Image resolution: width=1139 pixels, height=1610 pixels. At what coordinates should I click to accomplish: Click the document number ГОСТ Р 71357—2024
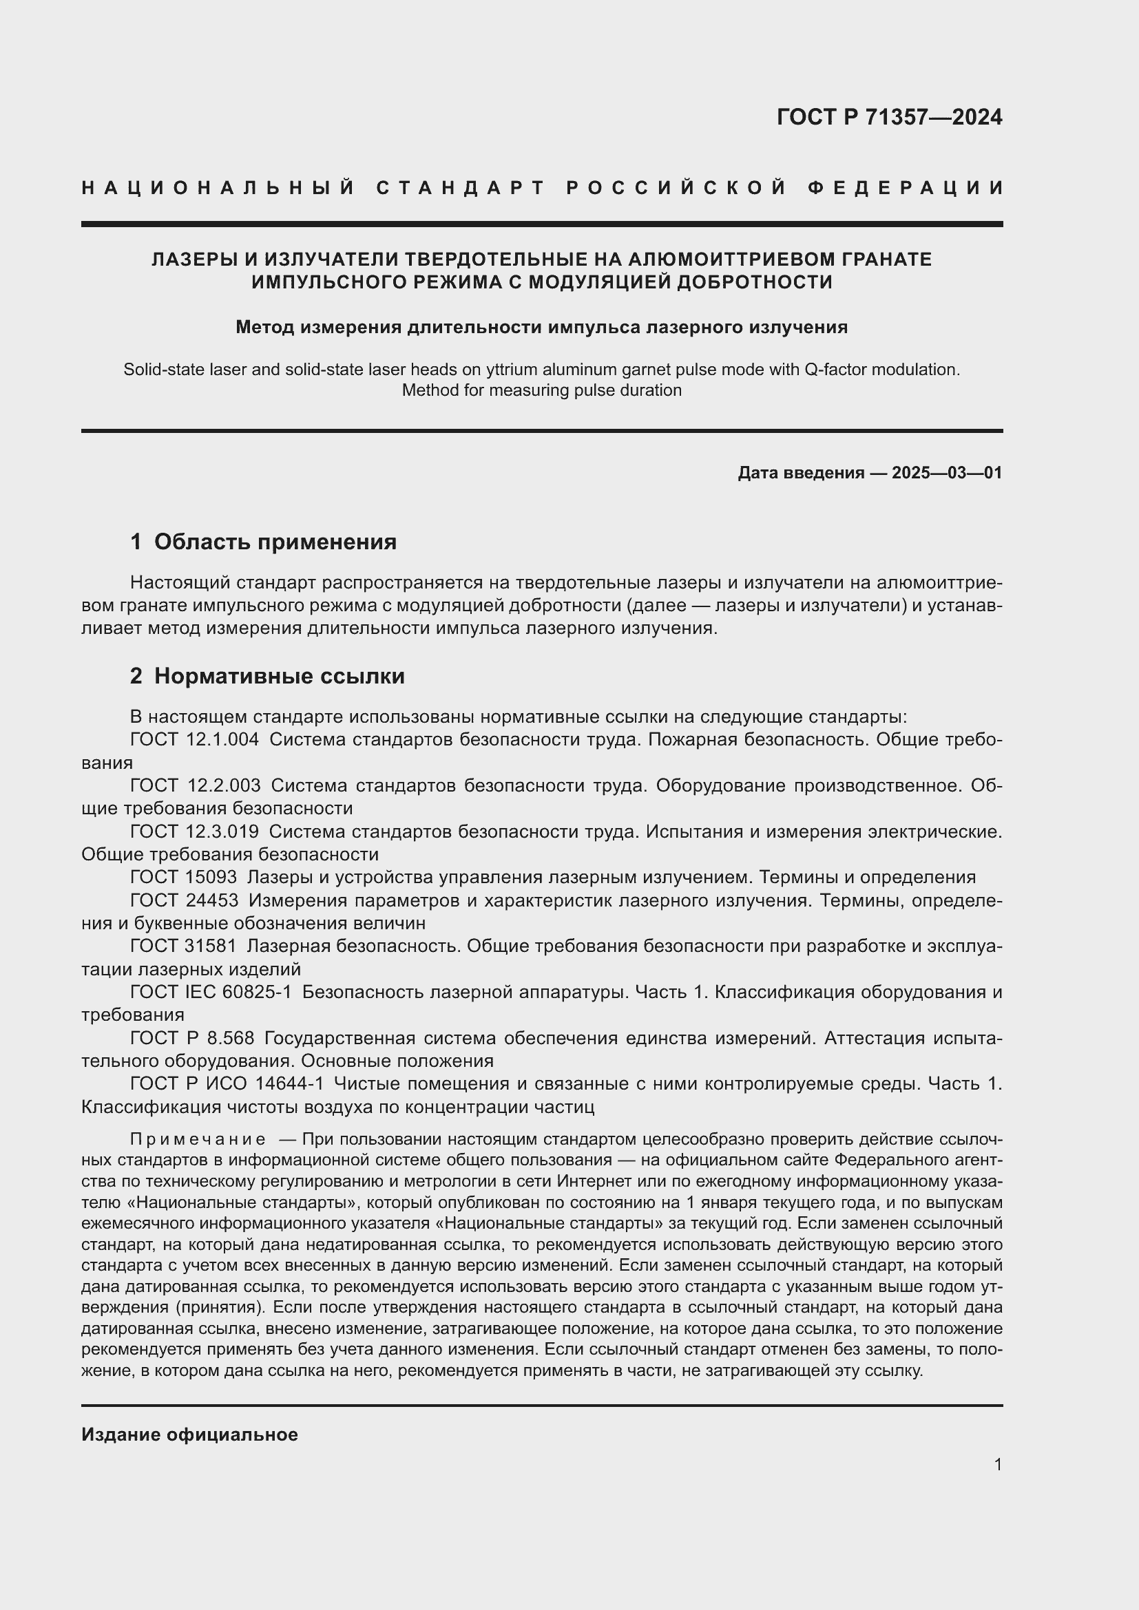click(888, 117)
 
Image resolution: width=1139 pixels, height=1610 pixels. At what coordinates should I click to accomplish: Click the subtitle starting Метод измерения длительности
click(541, 327)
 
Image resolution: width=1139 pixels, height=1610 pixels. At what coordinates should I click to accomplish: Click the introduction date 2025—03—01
click(947, 473)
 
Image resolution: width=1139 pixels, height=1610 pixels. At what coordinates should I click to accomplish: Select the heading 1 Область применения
click(263, 541)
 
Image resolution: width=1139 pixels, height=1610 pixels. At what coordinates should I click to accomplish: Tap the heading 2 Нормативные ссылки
click(267, 676)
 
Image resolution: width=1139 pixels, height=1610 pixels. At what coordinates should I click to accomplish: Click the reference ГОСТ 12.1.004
click(194, 739)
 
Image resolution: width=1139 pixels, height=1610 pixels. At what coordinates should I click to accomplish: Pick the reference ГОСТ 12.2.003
click(195, 785)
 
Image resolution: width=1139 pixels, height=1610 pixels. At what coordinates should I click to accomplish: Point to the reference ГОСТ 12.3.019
click(194, 832)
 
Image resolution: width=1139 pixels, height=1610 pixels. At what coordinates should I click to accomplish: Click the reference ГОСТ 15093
click(184, 877)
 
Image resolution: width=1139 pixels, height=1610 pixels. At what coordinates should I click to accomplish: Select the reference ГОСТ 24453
click(185, 900)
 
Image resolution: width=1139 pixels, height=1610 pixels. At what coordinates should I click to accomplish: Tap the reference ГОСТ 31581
click(184, 946)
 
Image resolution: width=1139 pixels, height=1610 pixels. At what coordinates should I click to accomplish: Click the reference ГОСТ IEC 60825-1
click(211, 993)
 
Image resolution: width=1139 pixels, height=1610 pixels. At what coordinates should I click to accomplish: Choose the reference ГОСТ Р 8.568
click(192, 1038)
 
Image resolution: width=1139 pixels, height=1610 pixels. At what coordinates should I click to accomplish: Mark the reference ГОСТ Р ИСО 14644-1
click(227, 1084)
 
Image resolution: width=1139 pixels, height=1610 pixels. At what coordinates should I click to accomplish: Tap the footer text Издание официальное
click(189, 1434)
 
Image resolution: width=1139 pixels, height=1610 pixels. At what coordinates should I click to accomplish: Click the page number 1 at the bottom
click(998, 1465)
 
